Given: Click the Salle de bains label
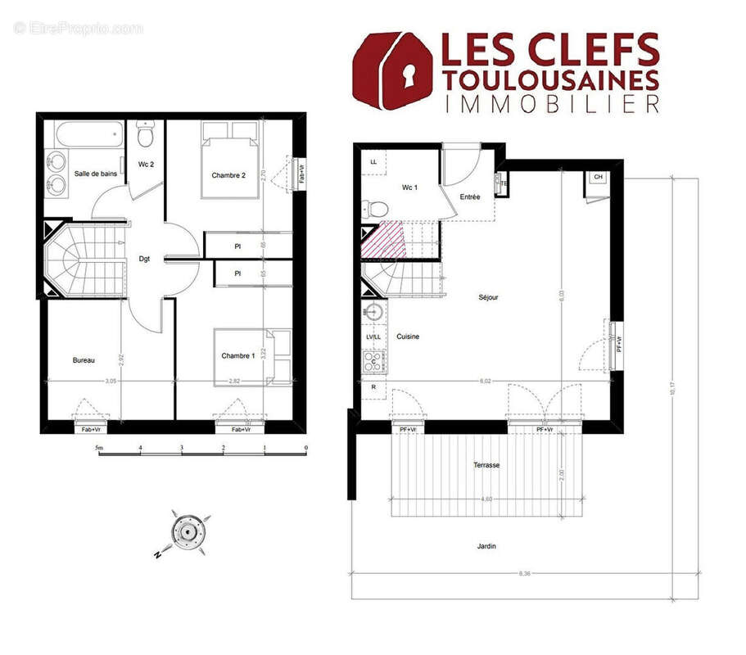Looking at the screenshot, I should [95, 174].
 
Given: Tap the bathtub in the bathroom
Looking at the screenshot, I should [83, 134].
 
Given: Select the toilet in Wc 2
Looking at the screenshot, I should [147, 132].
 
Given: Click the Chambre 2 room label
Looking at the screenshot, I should [228, 175].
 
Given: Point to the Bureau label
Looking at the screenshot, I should [84, 359].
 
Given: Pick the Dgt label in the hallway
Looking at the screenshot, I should [144, 260].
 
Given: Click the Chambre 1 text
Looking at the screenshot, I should [237, 355].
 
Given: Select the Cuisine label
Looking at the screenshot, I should [409, 337].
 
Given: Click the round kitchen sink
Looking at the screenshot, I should [373, 312].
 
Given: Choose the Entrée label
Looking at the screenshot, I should [470, 196].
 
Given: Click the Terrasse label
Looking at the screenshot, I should [486, 465].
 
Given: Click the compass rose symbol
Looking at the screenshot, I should [188, 532].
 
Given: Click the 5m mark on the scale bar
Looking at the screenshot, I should [100, 448].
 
